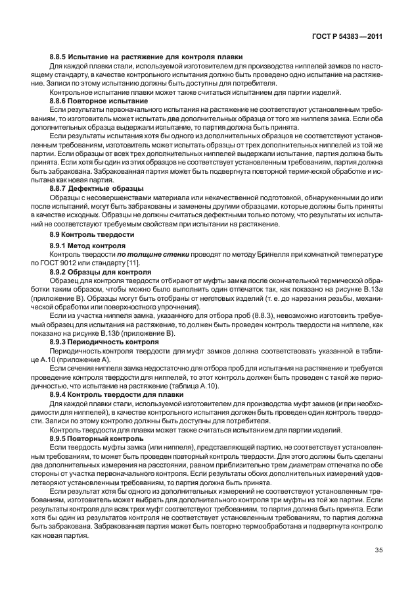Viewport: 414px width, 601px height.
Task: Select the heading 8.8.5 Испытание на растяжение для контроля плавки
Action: click(147, 57)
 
